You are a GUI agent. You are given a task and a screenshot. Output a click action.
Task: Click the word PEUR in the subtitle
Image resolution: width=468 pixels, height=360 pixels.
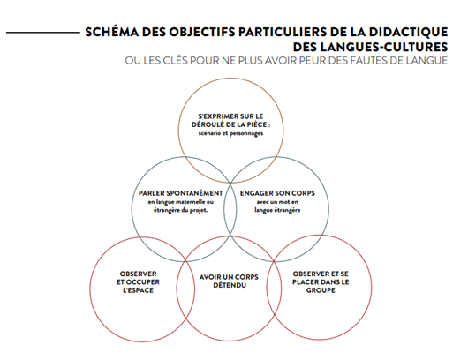click(313, 61)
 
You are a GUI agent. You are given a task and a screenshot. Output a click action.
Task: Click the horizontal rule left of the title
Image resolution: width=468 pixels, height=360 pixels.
click(43, 33)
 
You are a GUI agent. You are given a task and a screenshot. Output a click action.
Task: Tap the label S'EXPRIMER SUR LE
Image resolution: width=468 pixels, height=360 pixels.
click(230, 116)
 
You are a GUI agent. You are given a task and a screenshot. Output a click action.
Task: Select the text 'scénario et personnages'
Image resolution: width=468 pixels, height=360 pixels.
click(230, 133)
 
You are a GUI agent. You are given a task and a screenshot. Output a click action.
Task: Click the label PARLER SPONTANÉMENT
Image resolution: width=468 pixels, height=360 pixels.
click(180, 193)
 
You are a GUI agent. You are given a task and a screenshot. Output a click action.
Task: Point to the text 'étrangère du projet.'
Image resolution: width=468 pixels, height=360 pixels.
click(180, 210)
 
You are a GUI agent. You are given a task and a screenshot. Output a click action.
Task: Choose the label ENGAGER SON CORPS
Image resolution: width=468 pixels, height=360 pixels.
click(277, 193)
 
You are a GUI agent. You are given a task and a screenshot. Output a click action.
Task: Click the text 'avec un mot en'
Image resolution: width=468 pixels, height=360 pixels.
click(277, 202)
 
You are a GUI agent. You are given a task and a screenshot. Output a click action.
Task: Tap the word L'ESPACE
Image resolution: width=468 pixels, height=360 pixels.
click(138, 290)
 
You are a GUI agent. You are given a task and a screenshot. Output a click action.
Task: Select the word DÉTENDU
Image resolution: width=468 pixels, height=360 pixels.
click(230, 285)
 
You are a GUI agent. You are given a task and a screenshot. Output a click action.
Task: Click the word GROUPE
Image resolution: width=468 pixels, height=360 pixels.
click(321, 290)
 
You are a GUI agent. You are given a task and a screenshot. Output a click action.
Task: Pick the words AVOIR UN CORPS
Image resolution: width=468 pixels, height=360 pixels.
click(229, 277)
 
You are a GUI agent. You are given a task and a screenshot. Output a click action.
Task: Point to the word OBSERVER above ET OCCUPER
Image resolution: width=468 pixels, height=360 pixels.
click(138, 274)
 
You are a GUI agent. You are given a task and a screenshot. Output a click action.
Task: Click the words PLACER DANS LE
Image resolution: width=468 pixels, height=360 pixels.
click(321, 281)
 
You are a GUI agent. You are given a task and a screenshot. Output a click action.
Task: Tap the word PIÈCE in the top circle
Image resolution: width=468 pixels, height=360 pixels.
click(257, 124)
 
